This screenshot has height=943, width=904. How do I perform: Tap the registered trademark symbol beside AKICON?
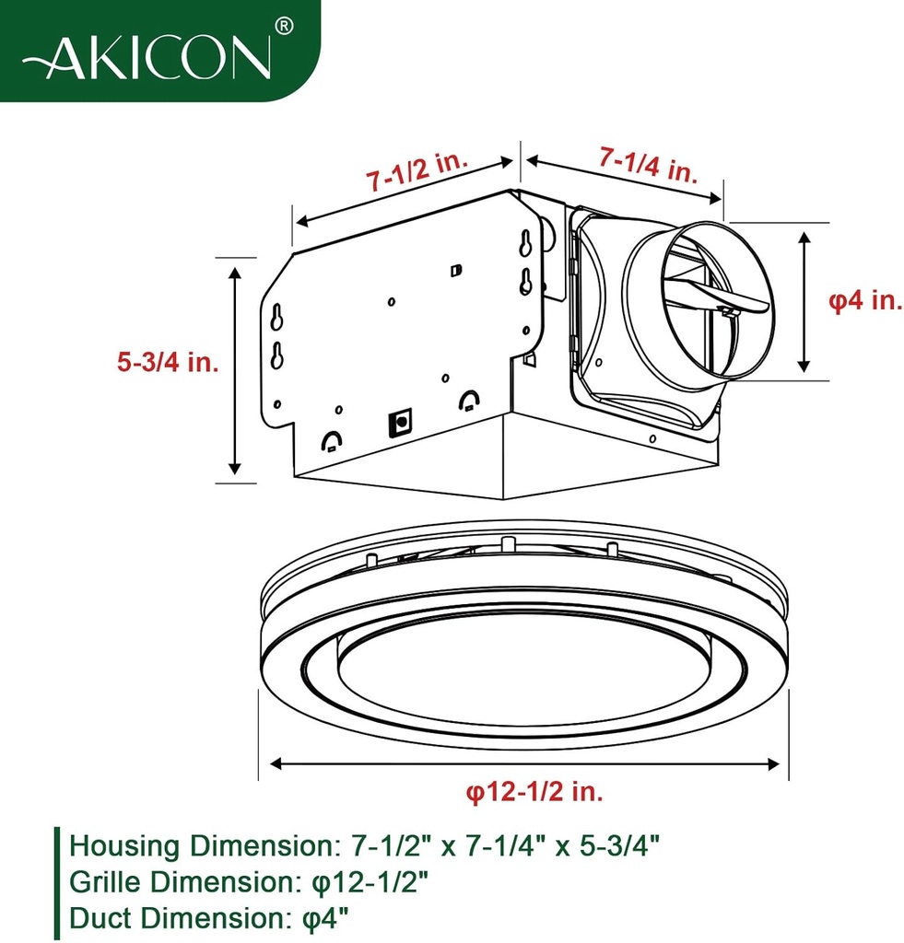pyautogui.click(x=285, y=29)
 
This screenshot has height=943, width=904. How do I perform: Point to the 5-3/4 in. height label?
pyautogui.click(x=168, y=362)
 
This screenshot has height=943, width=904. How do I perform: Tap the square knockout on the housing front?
pyautogui.click(x=401, y=422)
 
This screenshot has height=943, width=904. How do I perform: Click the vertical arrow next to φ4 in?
pyautogui.click(x=805, y=301)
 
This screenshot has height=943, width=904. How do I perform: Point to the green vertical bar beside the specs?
pyautogui.click(x=57, y=881)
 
